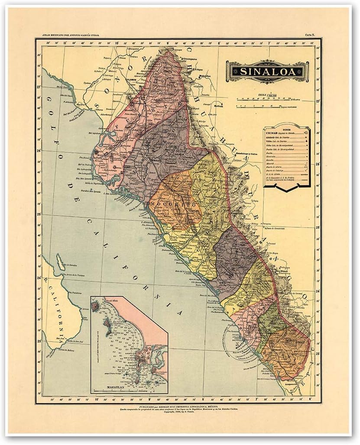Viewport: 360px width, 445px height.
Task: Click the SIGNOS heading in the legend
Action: click(286, 129)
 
